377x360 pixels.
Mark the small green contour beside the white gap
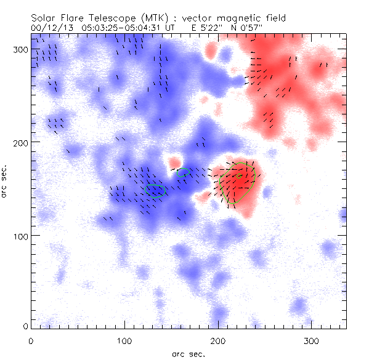[183, 173]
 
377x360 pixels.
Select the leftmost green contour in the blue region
[156, 191]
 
